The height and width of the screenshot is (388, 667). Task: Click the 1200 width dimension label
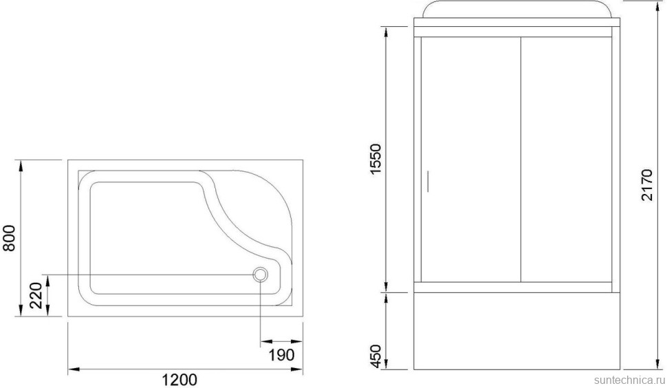180,379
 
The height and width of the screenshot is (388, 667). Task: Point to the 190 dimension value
281,355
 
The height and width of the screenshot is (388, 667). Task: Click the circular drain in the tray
260,274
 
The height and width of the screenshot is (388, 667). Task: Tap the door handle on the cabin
426,181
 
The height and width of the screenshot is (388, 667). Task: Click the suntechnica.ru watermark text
627,378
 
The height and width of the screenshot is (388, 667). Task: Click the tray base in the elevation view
519,330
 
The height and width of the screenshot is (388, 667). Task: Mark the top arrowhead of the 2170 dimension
648,6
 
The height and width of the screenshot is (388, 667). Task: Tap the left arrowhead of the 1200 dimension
72,370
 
